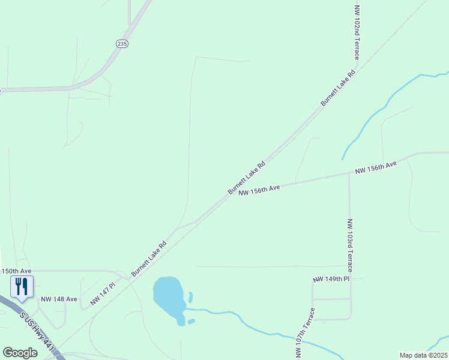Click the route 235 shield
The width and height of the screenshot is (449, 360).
(122, 44)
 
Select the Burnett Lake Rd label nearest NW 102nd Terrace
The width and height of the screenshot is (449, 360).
(338, 88)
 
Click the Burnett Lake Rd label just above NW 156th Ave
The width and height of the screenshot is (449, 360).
(246, 178)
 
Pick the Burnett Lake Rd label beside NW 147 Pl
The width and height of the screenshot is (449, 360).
(149, 259)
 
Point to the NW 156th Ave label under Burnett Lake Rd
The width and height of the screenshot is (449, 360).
(259, 190)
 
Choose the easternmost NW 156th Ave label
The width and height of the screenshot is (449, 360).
(376, 167)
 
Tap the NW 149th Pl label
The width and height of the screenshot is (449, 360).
(331, 279)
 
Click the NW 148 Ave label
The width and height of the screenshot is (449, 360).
(59, 299)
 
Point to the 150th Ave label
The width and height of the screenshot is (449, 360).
(16, 271)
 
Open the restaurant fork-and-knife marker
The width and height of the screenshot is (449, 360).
(22, 287)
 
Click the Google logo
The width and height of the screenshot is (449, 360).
(20, 353)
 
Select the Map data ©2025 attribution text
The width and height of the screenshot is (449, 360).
(424, 355)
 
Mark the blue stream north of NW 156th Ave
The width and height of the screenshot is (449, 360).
(384, 109)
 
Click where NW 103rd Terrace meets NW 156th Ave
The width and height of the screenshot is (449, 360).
(349, 174)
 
